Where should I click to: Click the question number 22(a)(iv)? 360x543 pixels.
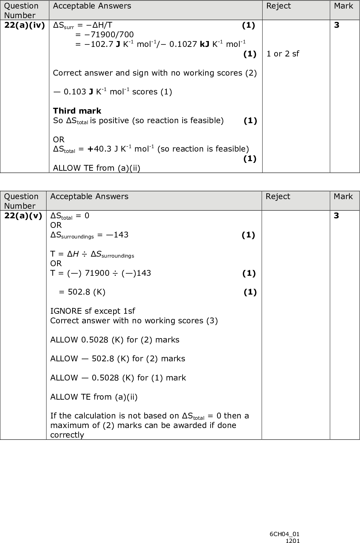(24, 25)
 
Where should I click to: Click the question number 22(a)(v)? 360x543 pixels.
(23, 216)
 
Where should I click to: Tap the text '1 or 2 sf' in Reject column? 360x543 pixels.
(282, 54)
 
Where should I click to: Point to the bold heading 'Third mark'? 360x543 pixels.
(77, 111)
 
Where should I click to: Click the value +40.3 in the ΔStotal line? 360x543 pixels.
(99, 149)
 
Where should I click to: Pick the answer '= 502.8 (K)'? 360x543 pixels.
(82, 292)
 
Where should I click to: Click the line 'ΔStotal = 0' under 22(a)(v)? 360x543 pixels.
(70, 216)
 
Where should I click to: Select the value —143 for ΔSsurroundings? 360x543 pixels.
(117, 235)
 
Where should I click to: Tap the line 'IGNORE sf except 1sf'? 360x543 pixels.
(92, 311)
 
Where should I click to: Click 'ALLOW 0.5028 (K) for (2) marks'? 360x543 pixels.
(115, 340)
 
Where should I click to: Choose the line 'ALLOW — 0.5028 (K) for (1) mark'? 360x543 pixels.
(118, 378)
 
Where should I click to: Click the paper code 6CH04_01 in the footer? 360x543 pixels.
(284, 534)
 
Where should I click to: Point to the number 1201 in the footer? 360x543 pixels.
(293, 541)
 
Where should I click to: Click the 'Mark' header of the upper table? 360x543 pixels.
(343, 6)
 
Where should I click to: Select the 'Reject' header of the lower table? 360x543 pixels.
(278, 196)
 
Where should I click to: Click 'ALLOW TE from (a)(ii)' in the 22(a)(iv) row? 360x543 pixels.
(96, 168)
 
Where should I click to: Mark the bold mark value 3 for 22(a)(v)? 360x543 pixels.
(336, 216)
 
